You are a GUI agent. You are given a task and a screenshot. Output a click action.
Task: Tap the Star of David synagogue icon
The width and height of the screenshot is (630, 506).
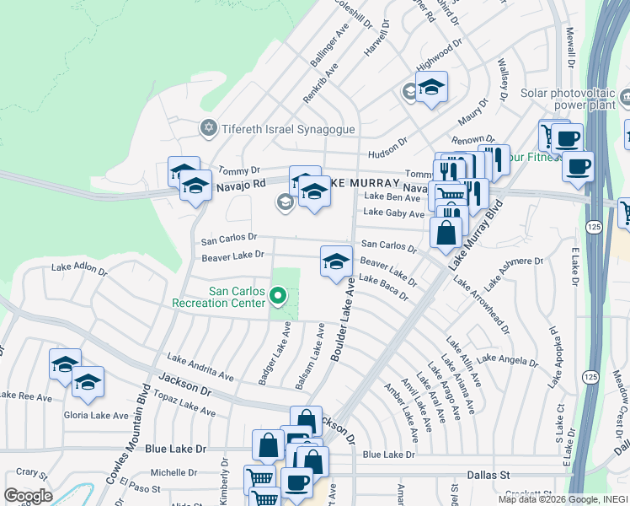click(208, 128)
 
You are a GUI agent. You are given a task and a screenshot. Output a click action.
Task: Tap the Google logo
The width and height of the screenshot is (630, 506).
click(27, 496)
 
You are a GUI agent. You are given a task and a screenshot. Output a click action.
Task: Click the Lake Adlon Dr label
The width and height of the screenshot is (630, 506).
click(79, 268)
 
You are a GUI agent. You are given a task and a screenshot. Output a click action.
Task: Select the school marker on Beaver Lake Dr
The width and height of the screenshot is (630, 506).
click(335, 262)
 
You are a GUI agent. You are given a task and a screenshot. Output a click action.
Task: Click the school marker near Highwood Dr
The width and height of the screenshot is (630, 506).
click(430, 88)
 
